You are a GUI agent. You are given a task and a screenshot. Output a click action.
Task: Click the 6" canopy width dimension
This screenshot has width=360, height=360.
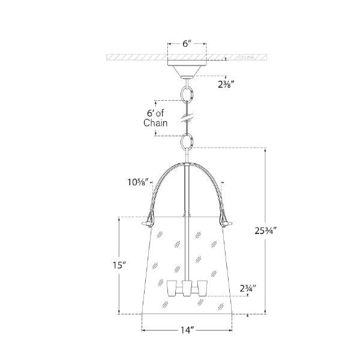[x=187, y=44]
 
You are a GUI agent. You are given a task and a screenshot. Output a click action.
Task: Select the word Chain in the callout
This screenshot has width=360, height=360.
[x=155, y=122]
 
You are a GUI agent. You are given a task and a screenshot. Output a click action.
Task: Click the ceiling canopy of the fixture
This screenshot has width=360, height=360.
[x=187, y=69]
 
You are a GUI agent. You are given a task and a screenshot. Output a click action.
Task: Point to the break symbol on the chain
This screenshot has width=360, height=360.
[x=187, y=117]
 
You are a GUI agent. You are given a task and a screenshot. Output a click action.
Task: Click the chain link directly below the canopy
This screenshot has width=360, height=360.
[x=187, y=95]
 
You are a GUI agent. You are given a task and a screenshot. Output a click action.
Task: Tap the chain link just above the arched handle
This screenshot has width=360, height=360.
[x=187, y=142]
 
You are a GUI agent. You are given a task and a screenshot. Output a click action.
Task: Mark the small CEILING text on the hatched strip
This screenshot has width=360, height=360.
[x=246, y=59]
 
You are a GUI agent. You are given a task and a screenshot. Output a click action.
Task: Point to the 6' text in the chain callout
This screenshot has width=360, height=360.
[x=154, y=112]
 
